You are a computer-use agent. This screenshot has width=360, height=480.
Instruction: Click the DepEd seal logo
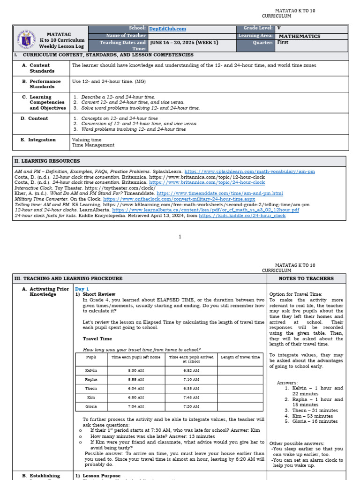pyautogui.click(x=25, y=39)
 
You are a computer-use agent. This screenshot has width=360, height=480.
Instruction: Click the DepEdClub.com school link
pyautogui.click(x=167, y=29)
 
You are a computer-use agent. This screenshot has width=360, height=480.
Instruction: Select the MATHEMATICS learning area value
pyautogui.click(x=300, y=36)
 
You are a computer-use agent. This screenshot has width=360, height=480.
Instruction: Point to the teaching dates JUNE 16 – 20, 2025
pyautogui.click(x=184, y=43)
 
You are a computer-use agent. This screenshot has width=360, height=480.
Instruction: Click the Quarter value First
pyautogui.click(x=285, y=42)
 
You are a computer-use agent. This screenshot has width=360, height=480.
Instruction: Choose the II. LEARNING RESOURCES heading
pyautogui.click(x=47, y=161)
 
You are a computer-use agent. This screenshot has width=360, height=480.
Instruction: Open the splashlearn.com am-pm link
pyautogui.click(x=249, y=172)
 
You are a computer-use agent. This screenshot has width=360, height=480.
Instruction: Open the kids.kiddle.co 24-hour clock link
pyautogui.click(x=242, y=216)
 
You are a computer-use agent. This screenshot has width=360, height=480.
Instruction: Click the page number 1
pyautogui.click(x=180, y=237)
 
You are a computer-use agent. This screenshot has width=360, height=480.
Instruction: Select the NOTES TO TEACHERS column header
pyautogui.click(x=306, y=278)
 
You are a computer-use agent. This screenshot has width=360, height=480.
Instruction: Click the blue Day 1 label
pyautogui.click(x=82, y=289)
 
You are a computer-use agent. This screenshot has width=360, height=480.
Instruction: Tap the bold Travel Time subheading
pyautogui.click(x=97, y=338)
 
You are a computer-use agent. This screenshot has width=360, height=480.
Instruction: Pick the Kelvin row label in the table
pyautogui.click(x=91, y=370)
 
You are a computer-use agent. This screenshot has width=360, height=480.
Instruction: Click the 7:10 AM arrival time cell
pyautogui.click(x=191, y=379)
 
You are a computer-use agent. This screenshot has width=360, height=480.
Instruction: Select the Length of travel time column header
pyautogui.click(x=240, y=357)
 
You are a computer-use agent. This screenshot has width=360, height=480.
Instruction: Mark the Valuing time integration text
pyautogui.click(x=86, y=140)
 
